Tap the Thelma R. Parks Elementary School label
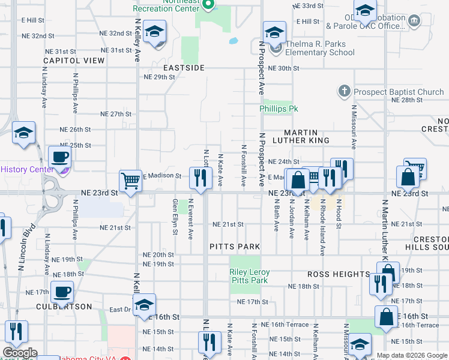point(312,48)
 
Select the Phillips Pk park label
point(279,109)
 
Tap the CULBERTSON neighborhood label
point(64,307)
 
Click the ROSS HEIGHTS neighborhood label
point(339,274)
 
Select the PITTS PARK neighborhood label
point(235,247)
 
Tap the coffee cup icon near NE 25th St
point(59,157)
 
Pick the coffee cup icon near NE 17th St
point(62,292)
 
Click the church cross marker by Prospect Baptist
point(344,92)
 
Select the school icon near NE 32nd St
point(155,32)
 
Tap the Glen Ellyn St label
point(175,217)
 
